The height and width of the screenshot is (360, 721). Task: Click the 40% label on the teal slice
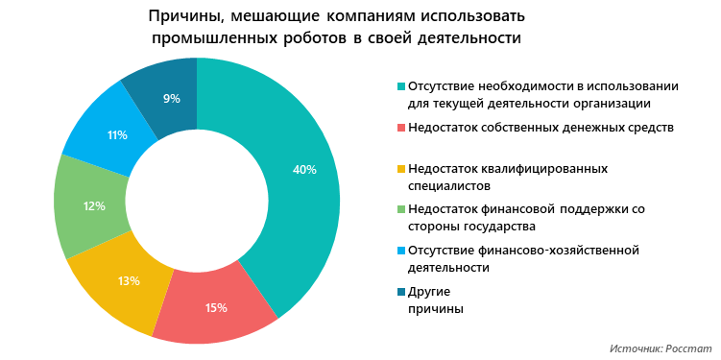coord(304,170)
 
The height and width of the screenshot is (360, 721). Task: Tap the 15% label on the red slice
coord(216,308)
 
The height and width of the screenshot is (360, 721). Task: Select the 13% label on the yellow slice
coord(130,281)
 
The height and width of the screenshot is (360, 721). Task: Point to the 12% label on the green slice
coord(94,205)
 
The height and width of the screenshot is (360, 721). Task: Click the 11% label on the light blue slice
coord(118,135)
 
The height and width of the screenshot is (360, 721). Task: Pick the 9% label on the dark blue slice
coord(172,98)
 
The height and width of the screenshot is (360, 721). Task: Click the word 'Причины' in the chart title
coord(186,17)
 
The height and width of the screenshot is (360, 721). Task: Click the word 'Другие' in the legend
coord(429,292)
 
